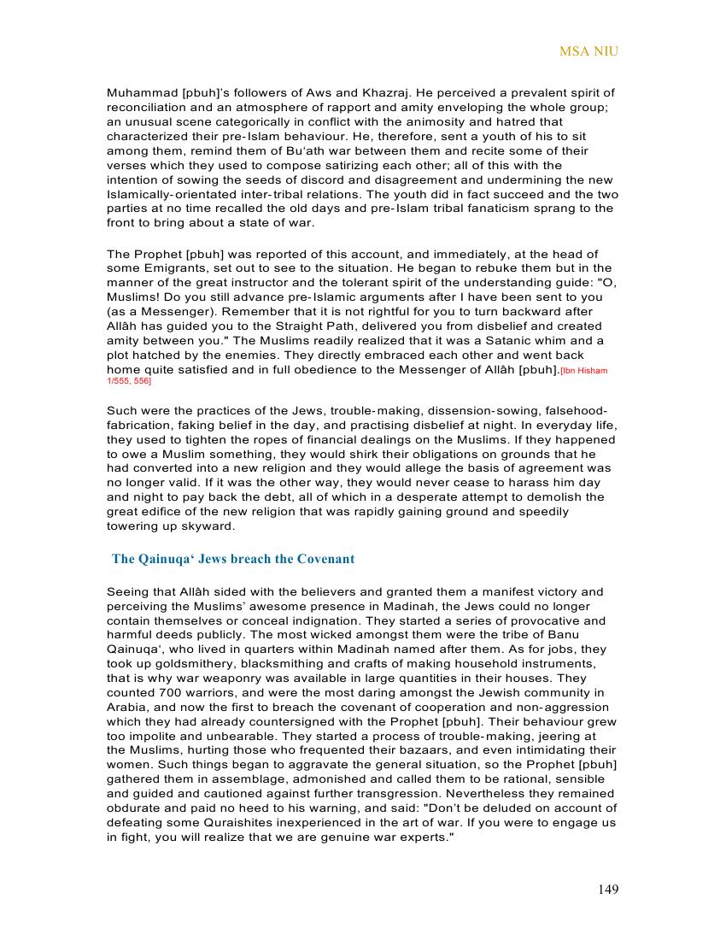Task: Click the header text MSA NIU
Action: (x=588, y=51)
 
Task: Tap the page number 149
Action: (x=608, y=890)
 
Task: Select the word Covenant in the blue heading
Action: (x=325, y=559)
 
